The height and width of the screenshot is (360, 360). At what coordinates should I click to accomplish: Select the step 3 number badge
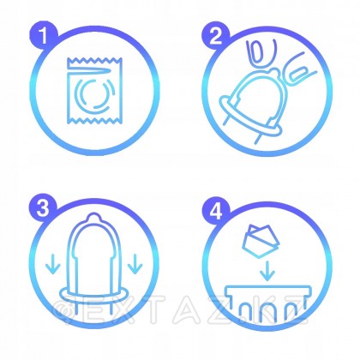click(x=39, y=207)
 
